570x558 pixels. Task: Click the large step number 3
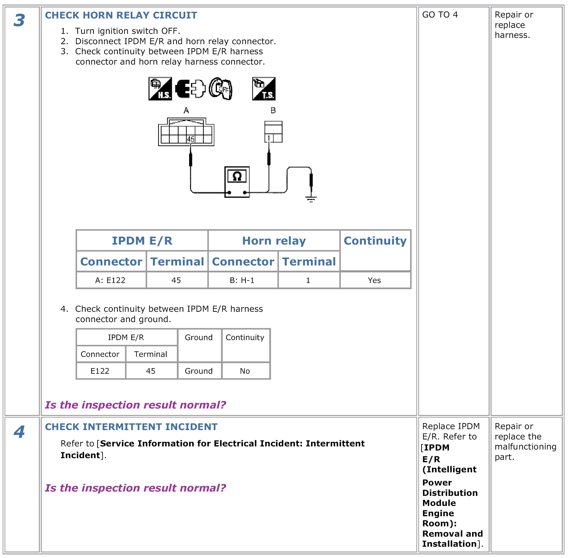[19, 20]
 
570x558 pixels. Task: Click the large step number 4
[19, 432]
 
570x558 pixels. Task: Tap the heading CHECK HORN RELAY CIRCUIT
[121, 15]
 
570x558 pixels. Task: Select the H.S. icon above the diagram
[160, 89]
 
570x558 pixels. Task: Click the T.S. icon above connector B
[264, 89]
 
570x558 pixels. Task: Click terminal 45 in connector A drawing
[191, 139]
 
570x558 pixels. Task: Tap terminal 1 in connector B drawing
[269, 138]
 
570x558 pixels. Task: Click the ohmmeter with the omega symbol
[237, 182]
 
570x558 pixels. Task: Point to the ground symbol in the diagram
[311, 199]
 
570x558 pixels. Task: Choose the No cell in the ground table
[245, 371]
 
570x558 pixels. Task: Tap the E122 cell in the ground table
[100, 371]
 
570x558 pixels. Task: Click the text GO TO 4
[440, 15]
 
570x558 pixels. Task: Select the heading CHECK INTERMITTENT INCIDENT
[131, 427]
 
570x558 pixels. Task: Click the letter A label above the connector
[186, 110]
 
